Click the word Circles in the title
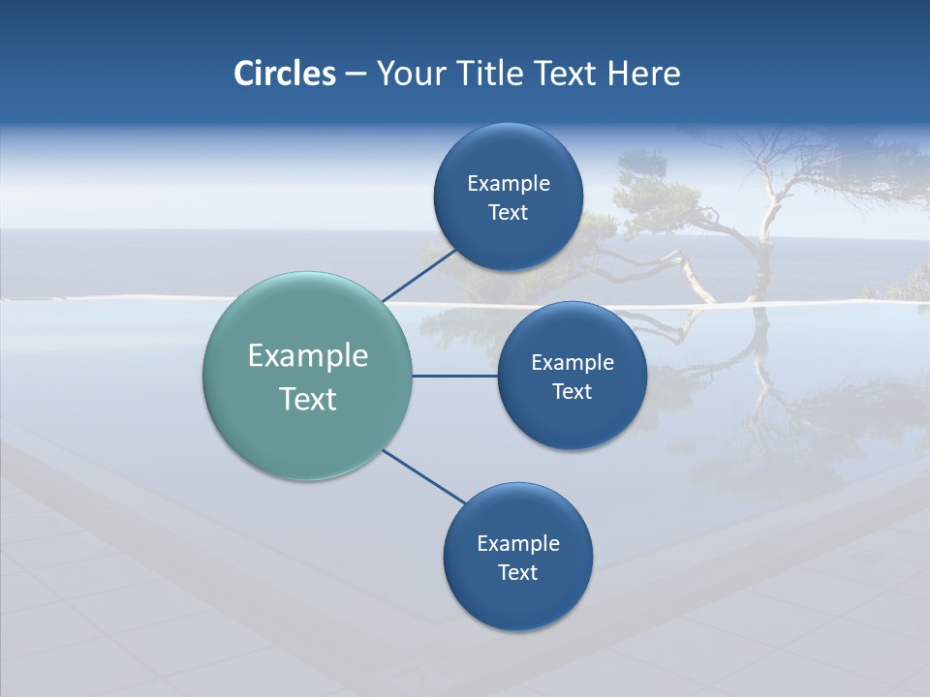(x=284, y=74)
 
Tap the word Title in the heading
(x=494, y=74)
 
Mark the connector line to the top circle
(x=418, y=275)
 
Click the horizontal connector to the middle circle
(x=454, y=376)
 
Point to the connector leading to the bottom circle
(x=424, y=476)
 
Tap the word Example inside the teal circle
(x=308, y=356)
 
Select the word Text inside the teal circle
(x=308, y=399)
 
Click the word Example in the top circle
(x=509, y=184)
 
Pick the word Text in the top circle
(x=508, y=213)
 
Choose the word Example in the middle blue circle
(x=573, y=363)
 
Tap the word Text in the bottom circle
(x=517, y=573)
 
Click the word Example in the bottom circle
(x=518, y=544)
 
